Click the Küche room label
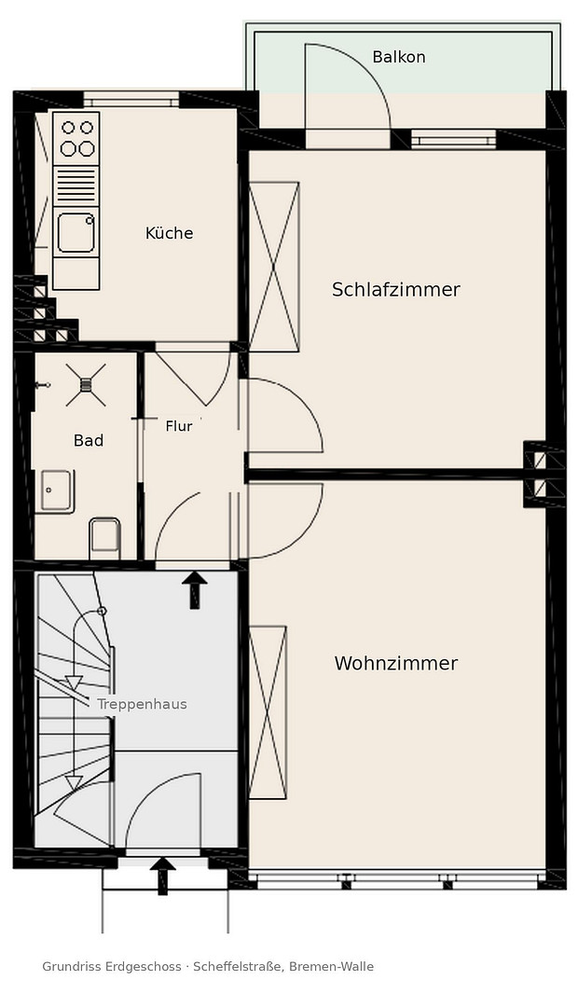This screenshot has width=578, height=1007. (169, 232)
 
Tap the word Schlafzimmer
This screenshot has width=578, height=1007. (396, 290)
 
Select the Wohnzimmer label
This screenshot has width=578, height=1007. (396, 663)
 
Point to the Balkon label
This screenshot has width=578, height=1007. (399, 57)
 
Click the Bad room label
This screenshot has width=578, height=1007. (89, 440)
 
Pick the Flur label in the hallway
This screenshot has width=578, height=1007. (179, 426)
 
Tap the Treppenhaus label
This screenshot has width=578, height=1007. (142, 705)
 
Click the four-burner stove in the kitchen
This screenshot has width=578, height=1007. (76, 139)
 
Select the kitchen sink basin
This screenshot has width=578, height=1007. (76, 233)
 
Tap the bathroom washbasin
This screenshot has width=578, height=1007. (56, 491)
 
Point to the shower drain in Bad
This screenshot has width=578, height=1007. (86, 385)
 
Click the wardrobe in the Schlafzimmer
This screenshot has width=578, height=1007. (274, 267)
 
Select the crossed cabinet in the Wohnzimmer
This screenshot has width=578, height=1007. (268, 713)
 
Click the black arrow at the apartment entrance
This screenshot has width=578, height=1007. (195, 589)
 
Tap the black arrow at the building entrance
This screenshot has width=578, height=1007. (162, 876)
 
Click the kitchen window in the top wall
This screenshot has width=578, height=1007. (131, 100)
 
